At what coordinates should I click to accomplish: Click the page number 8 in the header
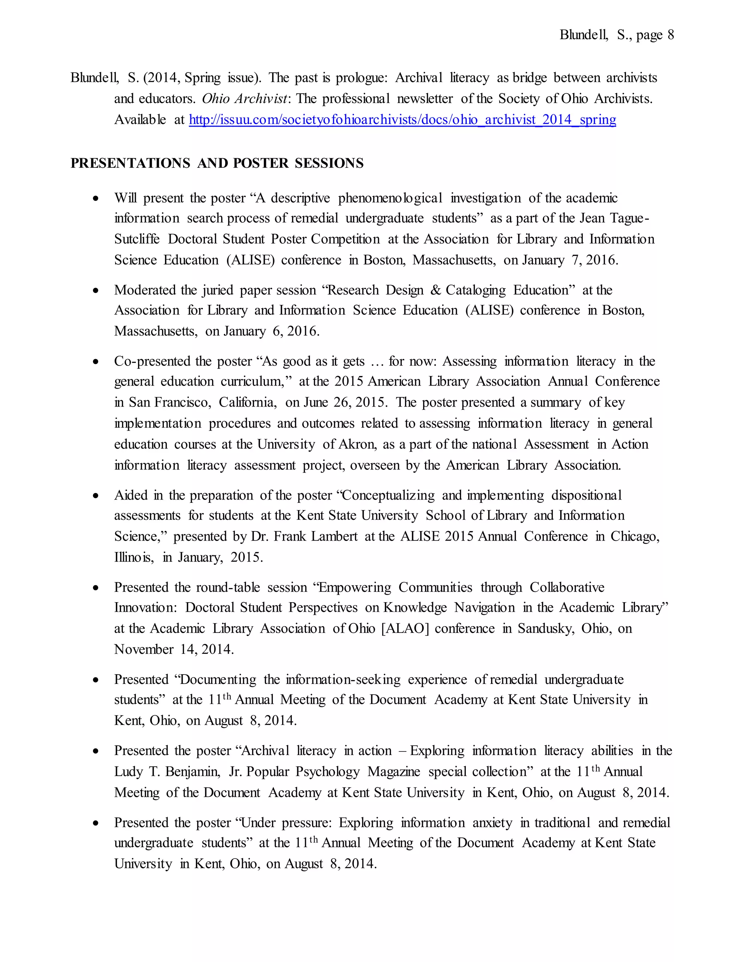pyautogui.click(x=670, y=35)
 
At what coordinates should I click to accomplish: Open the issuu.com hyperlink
pyautogui.click(x=402, y=119)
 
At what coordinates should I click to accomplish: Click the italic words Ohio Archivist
pyautogui.click(x=244, y=99)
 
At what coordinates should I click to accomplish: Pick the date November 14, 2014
pyautogui.click(x=174, y=649)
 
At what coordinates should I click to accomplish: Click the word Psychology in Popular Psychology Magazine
pyautogui.click(x=327, y=771)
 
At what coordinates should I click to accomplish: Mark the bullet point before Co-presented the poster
pyautogui.click(x=96, y=362)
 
